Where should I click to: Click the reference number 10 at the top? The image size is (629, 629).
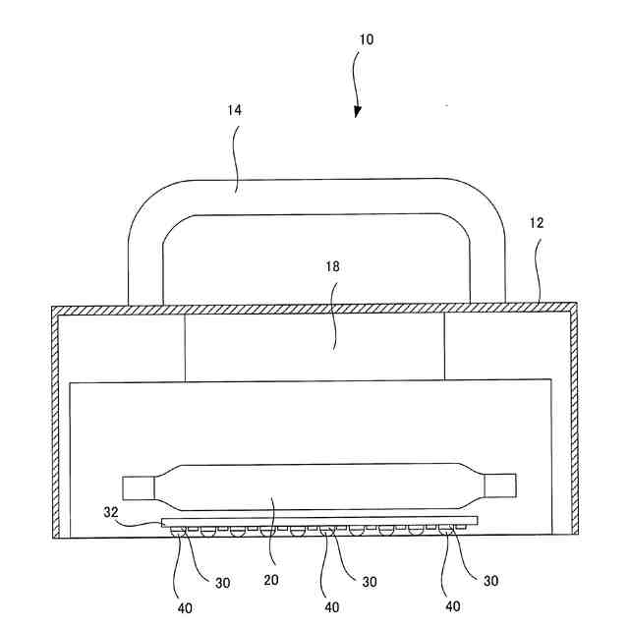pos(366,40)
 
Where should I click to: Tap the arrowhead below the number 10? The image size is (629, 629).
pos(357,110)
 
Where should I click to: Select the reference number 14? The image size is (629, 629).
pos(234,111)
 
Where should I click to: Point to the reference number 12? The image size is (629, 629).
pos(536,223)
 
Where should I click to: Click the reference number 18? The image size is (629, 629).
pos(334,266)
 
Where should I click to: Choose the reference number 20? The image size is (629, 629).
pos(272,581)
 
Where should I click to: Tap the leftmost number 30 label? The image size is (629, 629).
pos(223,582)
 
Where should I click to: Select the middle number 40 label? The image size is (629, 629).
pos(331,607)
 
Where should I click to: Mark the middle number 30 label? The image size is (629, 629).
pos(370,582)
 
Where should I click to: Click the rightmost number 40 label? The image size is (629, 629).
pos(451,607)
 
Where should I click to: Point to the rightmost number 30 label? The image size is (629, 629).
pos(488,582)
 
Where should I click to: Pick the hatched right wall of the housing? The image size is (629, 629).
pos(572,423)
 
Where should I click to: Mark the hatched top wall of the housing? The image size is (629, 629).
pos(314,309)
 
